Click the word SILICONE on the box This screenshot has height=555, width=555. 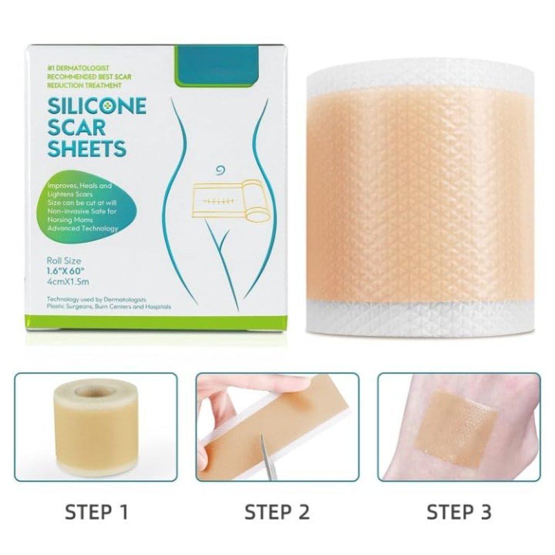(96, 106)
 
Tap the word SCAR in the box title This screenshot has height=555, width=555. (76, 127)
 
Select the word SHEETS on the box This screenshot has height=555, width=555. (87, 148)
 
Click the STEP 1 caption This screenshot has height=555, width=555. (96, 512)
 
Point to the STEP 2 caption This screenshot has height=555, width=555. (277, 512)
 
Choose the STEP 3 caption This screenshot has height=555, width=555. (459, 512)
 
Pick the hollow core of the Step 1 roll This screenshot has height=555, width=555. (92, 392)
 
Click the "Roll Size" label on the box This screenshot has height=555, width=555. (64, 261)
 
